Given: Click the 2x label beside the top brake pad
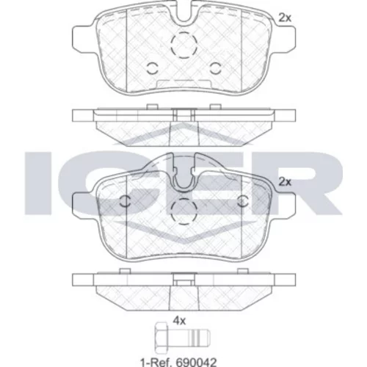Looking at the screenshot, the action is click(x=285, y=18).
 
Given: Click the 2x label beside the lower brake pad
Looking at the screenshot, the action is click(x=285, y=182).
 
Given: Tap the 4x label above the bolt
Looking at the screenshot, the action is click(x=179, y=320).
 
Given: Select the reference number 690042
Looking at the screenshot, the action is click(x=196, y=362).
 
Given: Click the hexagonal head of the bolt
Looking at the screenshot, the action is click(x=161, y=338).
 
